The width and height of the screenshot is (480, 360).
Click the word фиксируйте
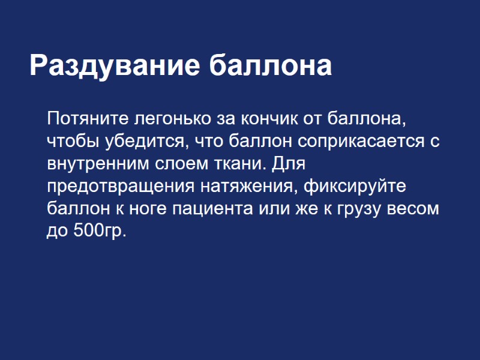(x=355, y=186)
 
